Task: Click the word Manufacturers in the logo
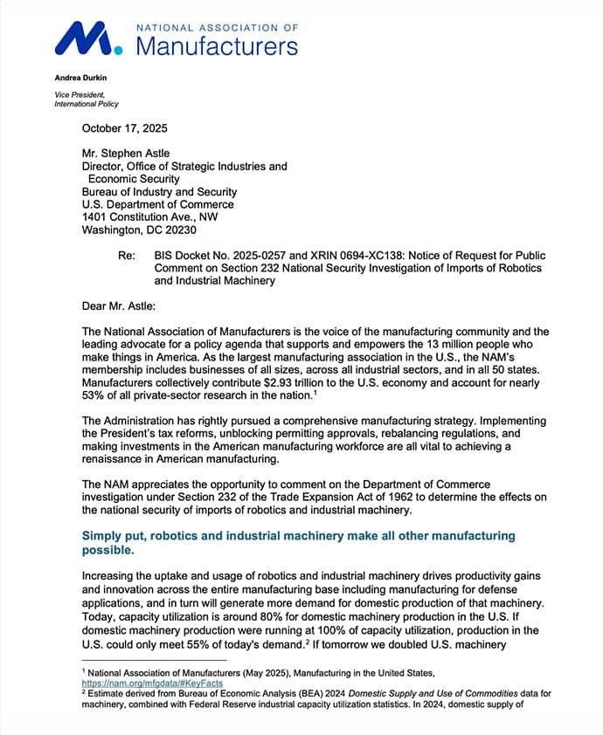[218, 46]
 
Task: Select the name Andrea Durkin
[80, 78]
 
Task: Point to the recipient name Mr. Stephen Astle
[128, 153]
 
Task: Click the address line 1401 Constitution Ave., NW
[149, 217]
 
